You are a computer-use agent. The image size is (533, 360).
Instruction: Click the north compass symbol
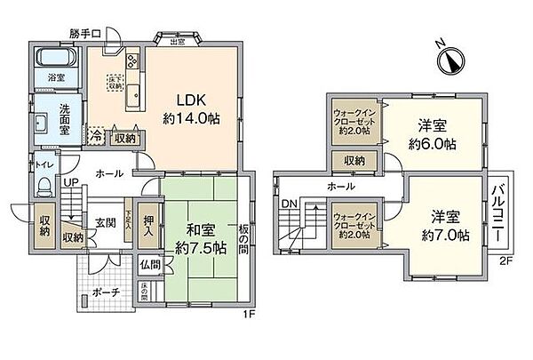pos(452,58)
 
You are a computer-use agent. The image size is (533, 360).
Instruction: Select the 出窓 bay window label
pos(177,39)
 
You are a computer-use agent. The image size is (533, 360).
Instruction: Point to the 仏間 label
pos(148,264)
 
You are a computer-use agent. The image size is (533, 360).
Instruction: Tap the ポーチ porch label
pos(107,292)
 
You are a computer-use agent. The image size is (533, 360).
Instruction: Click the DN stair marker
pos(287,204)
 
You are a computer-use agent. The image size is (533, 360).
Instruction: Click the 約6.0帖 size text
pos(433,143)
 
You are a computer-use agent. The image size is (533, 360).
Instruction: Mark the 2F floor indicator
pos(505,260)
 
